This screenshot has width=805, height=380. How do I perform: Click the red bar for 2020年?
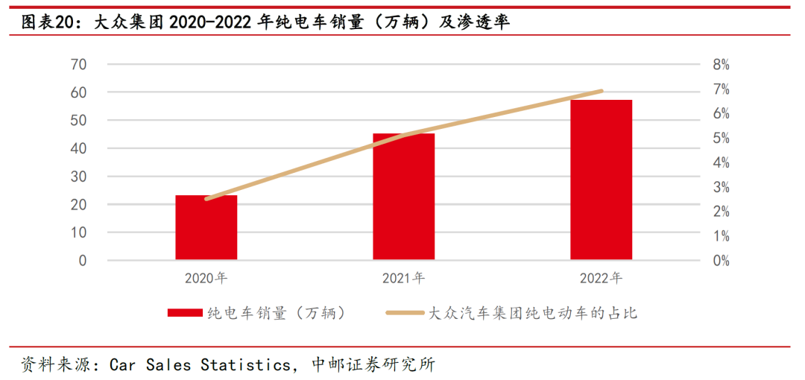[x=206, y=227]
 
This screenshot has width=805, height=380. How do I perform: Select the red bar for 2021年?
[x=403, y=197]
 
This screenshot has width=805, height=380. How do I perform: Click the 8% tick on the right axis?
[x=721, y=65]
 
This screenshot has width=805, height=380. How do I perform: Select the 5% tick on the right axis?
[x=721, y=139]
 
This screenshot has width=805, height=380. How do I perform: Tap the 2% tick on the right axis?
[x=721, y=212]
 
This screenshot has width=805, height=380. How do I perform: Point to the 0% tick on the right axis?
[x=721, y=261]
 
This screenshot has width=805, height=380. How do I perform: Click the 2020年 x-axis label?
[x=206, y=279]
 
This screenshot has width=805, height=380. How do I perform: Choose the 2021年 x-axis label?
[x=403, y=279]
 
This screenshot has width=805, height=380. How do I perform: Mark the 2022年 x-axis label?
[x=601, y=279]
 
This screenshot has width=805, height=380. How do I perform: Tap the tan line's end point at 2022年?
[x=601, y=91]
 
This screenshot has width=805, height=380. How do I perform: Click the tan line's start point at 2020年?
[x=206, y=199]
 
